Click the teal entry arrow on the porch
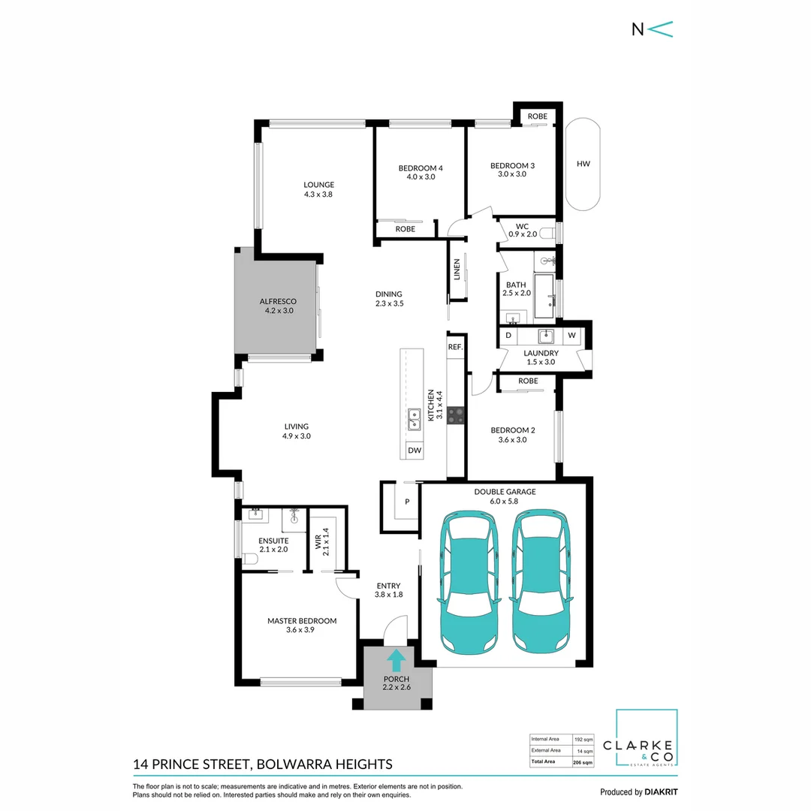coord(396,661)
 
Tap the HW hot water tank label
coord(583,164)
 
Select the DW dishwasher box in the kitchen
coord(415,451)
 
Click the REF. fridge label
coord(455,347)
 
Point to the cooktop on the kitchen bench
coord(456,415)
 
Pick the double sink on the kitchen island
coord(415,420)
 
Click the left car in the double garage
coord(469,583)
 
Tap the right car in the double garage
coord(541,582)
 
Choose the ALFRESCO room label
coord(278,302)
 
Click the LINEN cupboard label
coord(457,270)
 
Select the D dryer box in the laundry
coord(508,335)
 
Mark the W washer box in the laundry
coord(571,335)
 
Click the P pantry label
coord(407,502)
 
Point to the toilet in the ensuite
coord(250,559)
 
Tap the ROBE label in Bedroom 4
coord(405,229)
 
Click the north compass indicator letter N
coord(638,29)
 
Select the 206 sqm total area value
coord(583,762)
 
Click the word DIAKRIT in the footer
coord(661,792)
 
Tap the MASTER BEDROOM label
coord(302,621)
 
